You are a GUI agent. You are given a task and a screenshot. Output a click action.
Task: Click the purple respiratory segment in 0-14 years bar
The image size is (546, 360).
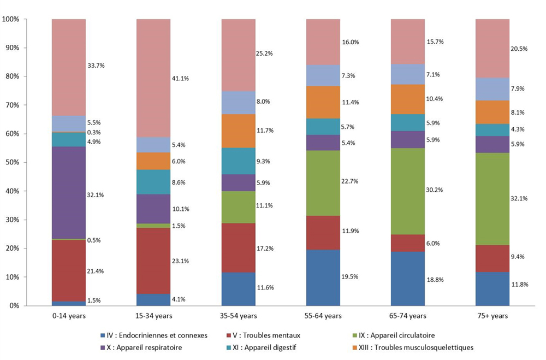pos(69,193)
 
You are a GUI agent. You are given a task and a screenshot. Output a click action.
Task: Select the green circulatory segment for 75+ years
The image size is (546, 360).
pos(492,199)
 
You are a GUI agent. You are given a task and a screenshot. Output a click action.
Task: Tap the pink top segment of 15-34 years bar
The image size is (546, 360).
pos(153,78)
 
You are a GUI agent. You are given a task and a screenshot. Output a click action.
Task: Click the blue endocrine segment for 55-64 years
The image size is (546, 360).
pos(323,278)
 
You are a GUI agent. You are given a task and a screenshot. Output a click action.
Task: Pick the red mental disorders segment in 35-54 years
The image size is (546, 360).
pos(238,247)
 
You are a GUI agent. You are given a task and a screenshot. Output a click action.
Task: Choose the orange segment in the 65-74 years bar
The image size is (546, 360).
pos(408,99)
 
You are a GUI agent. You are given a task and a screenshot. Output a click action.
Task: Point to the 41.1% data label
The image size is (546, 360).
pos(181,78)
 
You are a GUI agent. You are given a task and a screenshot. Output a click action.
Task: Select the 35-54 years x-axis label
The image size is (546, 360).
pos(238,316)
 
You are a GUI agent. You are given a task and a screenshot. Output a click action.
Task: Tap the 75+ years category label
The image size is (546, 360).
pos(492,316)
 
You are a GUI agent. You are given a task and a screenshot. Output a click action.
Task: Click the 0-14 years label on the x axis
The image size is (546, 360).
pos(69,316)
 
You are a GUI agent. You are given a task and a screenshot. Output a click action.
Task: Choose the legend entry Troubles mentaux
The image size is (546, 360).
pos(263,335)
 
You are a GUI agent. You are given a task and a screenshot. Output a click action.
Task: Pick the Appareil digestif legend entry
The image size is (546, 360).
pos(267,347)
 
